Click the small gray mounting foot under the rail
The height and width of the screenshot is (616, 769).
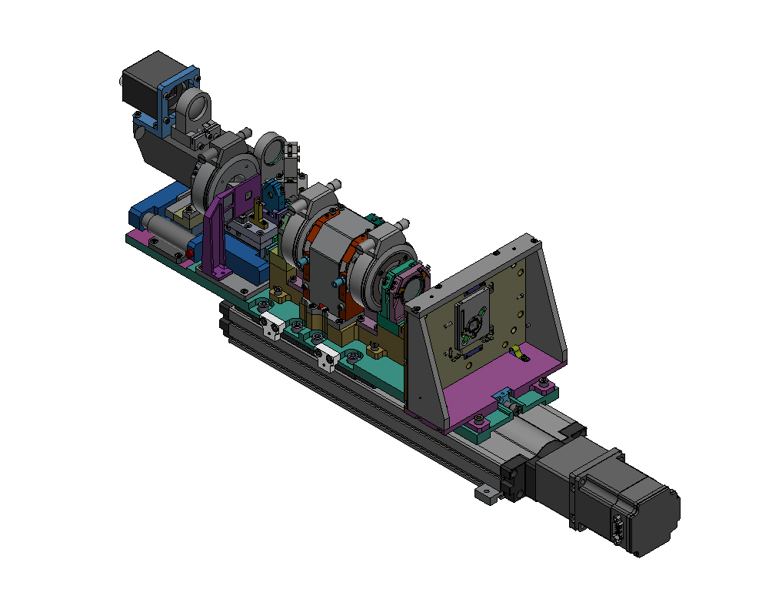tap(484, 494)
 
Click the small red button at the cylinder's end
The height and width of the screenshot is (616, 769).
tap(190, 253)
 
